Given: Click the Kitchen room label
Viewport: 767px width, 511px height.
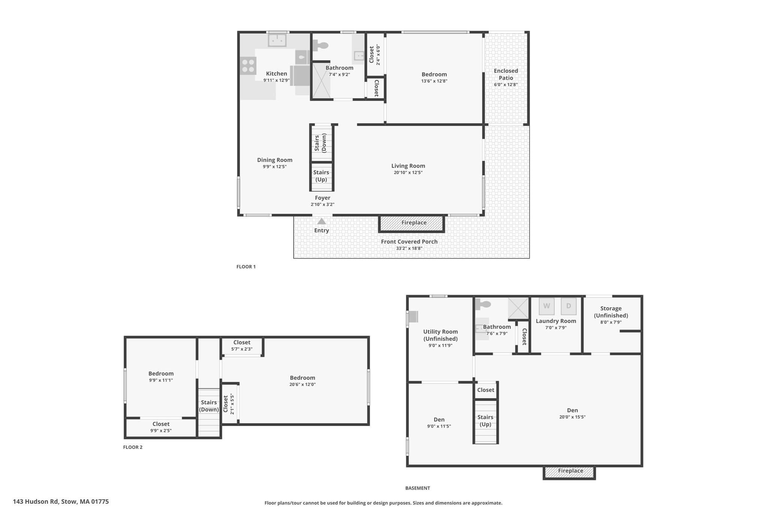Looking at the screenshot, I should pos(276,74).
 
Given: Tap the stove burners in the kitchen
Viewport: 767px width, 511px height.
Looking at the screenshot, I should pos(248,66).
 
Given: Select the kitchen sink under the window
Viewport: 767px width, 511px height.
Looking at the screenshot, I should pos(277,40).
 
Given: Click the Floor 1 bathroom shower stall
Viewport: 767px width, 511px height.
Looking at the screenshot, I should pos(321,80).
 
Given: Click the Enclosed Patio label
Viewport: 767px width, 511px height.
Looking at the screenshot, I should pos(506,74).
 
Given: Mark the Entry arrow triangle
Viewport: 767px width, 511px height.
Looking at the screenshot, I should pos(321,221).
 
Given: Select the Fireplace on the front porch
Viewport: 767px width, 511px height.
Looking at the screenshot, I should pos(413,223).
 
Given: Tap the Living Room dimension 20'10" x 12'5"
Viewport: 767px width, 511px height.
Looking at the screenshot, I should pos(408,173).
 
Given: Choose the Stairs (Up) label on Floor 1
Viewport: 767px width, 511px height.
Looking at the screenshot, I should pos(321,176).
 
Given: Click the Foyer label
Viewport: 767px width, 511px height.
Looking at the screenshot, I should pos(322,198).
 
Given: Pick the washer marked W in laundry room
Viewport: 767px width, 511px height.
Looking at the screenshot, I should pos(546,306).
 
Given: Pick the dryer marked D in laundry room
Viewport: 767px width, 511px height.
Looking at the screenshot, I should pos(568,306).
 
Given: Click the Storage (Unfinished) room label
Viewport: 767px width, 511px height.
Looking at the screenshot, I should pos(610,312).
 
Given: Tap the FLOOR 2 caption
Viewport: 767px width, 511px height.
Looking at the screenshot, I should pos(133,447).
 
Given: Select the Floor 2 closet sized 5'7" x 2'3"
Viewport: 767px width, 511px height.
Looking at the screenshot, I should pos(242,345).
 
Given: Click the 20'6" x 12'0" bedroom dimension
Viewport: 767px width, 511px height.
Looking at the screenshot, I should pos(302,384).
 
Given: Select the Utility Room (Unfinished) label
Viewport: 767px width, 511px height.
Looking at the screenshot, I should pos(440,335).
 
